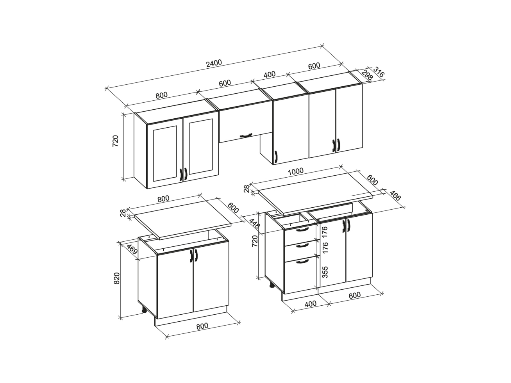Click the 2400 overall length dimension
(x=214, y=63)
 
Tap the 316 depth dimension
(x=379, y=72)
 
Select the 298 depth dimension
(x=367, y=75)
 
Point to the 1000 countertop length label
(x=296, y=171)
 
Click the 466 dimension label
(x=395, y=196)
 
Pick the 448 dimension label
(x=254, y=224)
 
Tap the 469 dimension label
(x=132, y=249)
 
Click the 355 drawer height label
(x=325, y=272)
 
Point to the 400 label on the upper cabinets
(x=270, y=75)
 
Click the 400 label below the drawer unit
(x=310, y=303)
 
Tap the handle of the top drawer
(x=302, y=230)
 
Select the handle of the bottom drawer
(x=302, y=261)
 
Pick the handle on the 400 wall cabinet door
(x=276, y=156)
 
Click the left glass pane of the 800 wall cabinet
(x=165, y=153)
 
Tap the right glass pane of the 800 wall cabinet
(x=201, y=146)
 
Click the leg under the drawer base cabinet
(x=272, y=285)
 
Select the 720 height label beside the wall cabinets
(x=116, y=141)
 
